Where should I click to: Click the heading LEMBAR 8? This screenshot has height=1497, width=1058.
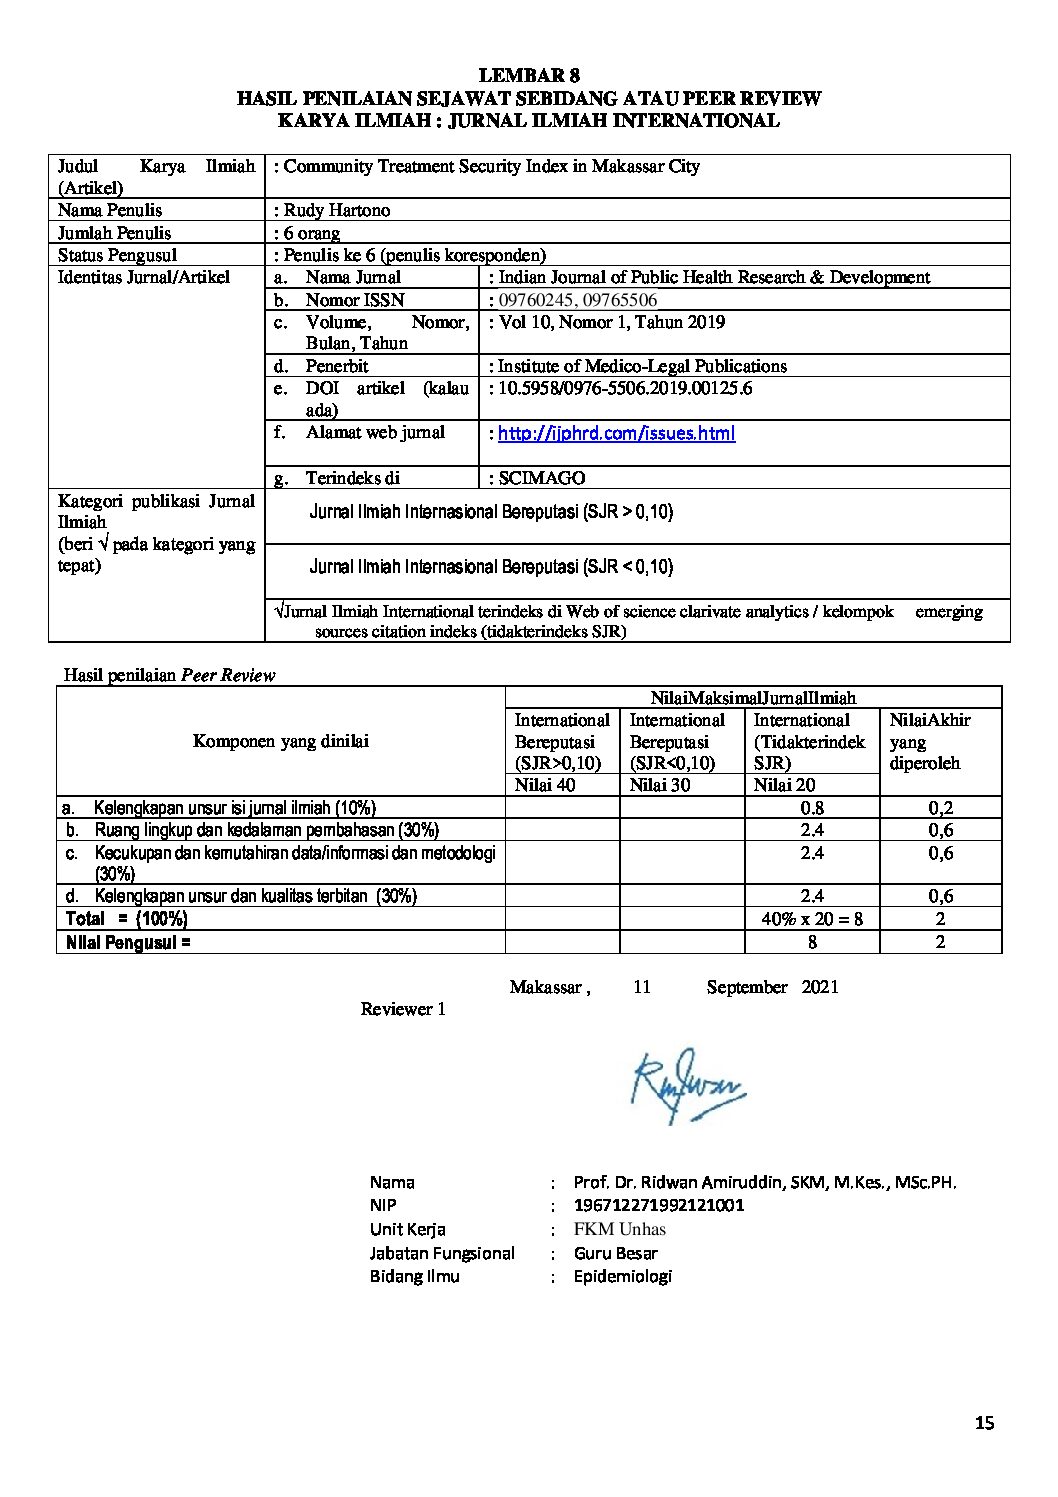click(529, 76)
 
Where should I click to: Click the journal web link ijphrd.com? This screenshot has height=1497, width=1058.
click(616, 433)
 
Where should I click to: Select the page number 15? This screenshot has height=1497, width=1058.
click(984, 1424)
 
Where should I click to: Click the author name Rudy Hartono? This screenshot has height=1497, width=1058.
click(336, 210)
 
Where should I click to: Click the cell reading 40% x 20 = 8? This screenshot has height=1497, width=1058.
click(812, 918)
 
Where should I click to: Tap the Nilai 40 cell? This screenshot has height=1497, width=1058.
click(545, 785)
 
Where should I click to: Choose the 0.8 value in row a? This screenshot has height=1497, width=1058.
click(812, 808)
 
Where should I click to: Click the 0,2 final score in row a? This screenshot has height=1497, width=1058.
click(940, 808)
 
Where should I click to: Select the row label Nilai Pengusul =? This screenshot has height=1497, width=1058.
click(128, 941)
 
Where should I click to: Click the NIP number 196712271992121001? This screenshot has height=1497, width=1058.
click(659, 1205)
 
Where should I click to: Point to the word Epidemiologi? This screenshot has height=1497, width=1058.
click(623, 1276)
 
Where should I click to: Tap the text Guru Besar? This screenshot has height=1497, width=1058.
click(616, 1253)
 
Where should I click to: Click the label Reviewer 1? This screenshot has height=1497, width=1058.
click(403, 1009)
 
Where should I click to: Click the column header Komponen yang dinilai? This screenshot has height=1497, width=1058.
click(281, 741)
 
